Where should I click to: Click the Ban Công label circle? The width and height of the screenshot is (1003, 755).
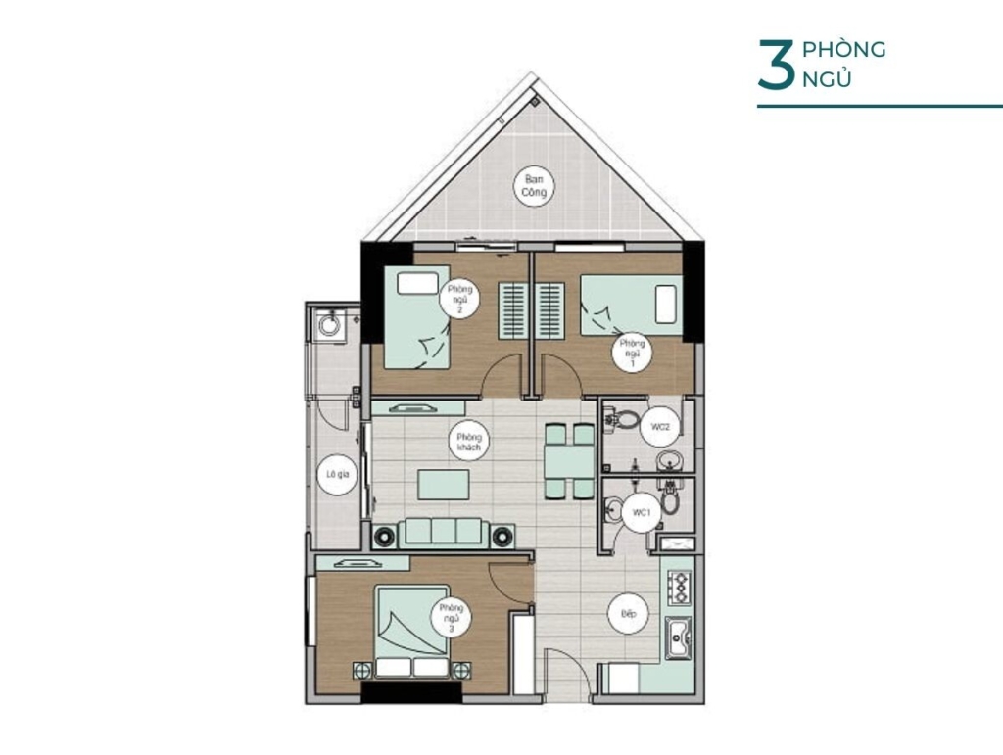[x=534, y=186]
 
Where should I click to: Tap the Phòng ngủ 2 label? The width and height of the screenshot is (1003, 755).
[x=459, y=299]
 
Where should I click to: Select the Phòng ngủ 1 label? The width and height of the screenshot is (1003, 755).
[x=632, y=353]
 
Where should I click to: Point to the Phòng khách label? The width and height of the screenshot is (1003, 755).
[x=469, y=442]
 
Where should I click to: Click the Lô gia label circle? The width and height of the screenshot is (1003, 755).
[x=337, y=474]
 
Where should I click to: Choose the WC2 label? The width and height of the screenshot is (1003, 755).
[x=660, y=426]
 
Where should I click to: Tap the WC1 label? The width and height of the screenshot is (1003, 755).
[x=641, y=512]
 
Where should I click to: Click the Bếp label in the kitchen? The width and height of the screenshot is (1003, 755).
[x=628, y=614]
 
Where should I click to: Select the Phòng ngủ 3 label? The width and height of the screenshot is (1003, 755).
[x=451, y=618]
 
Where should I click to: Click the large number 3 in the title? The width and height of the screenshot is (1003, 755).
[x=777, y=64]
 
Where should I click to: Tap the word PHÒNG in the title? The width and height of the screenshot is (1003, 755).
[x=843, y=49]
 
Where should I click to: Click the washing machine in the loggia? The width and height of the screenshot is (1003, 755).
[x=329, y=324]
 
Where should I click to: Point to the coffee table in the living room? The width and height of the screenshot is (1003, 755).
[x=444, y=485]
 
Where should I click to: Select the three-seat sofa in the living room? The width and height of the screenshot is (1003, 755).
[x=444, y=533]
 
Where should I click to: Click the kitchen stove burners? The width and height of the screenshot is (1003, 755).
[x=679, y=588]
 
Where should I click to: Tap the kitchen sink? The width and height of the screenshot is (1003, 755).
[x=678, y=638]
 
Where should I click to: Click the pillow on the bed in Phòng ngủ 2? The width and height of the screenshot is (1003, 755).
[x=417, y=283]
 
